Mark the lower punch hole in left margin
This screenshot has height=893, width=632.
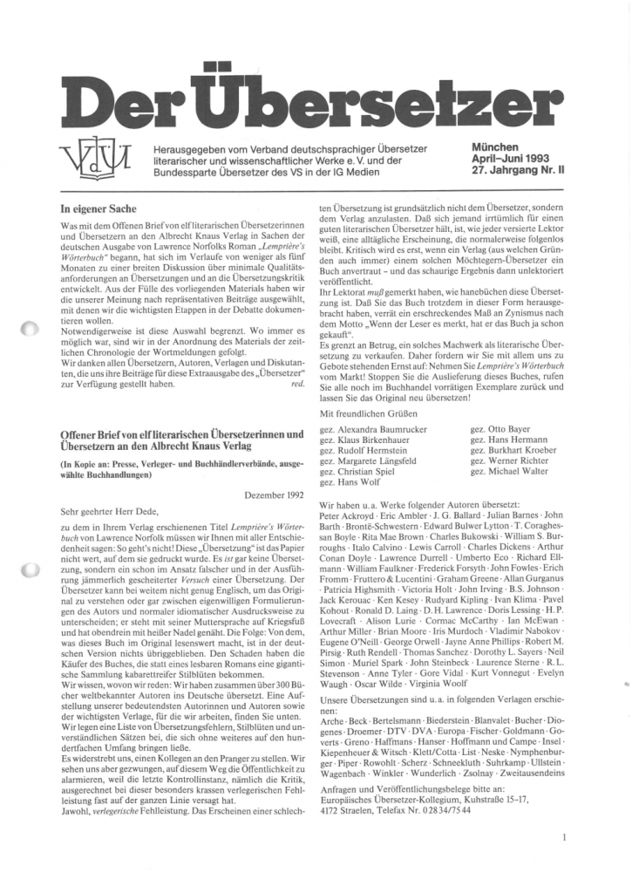point(28,571)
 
